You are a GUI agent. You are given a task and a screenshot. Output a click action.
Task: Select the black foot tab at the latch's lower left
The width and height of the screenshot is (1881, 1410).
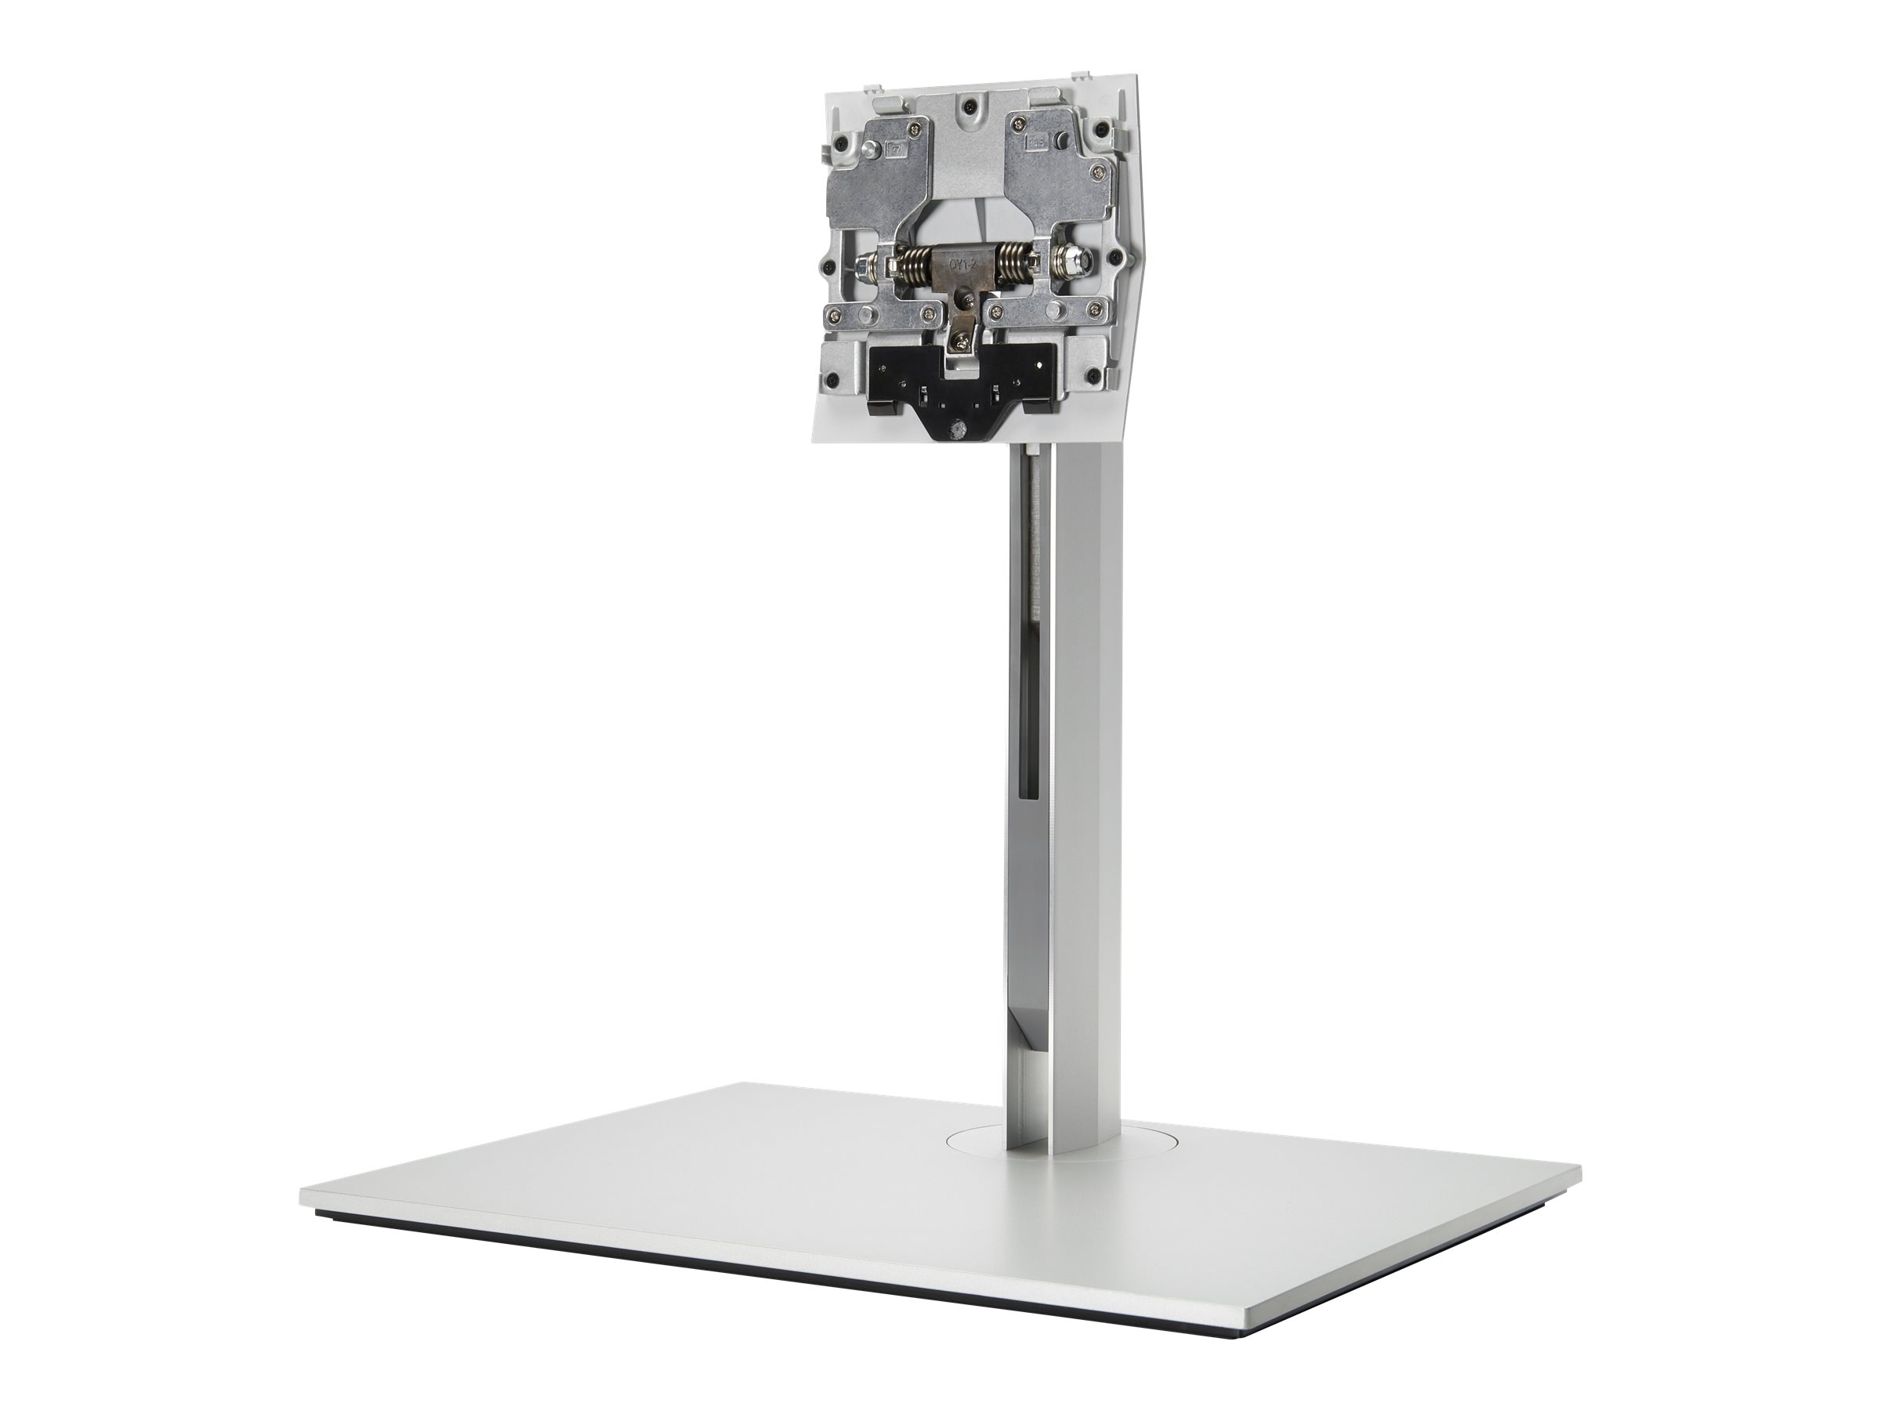pyautogui.click(x=884, y=409)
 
